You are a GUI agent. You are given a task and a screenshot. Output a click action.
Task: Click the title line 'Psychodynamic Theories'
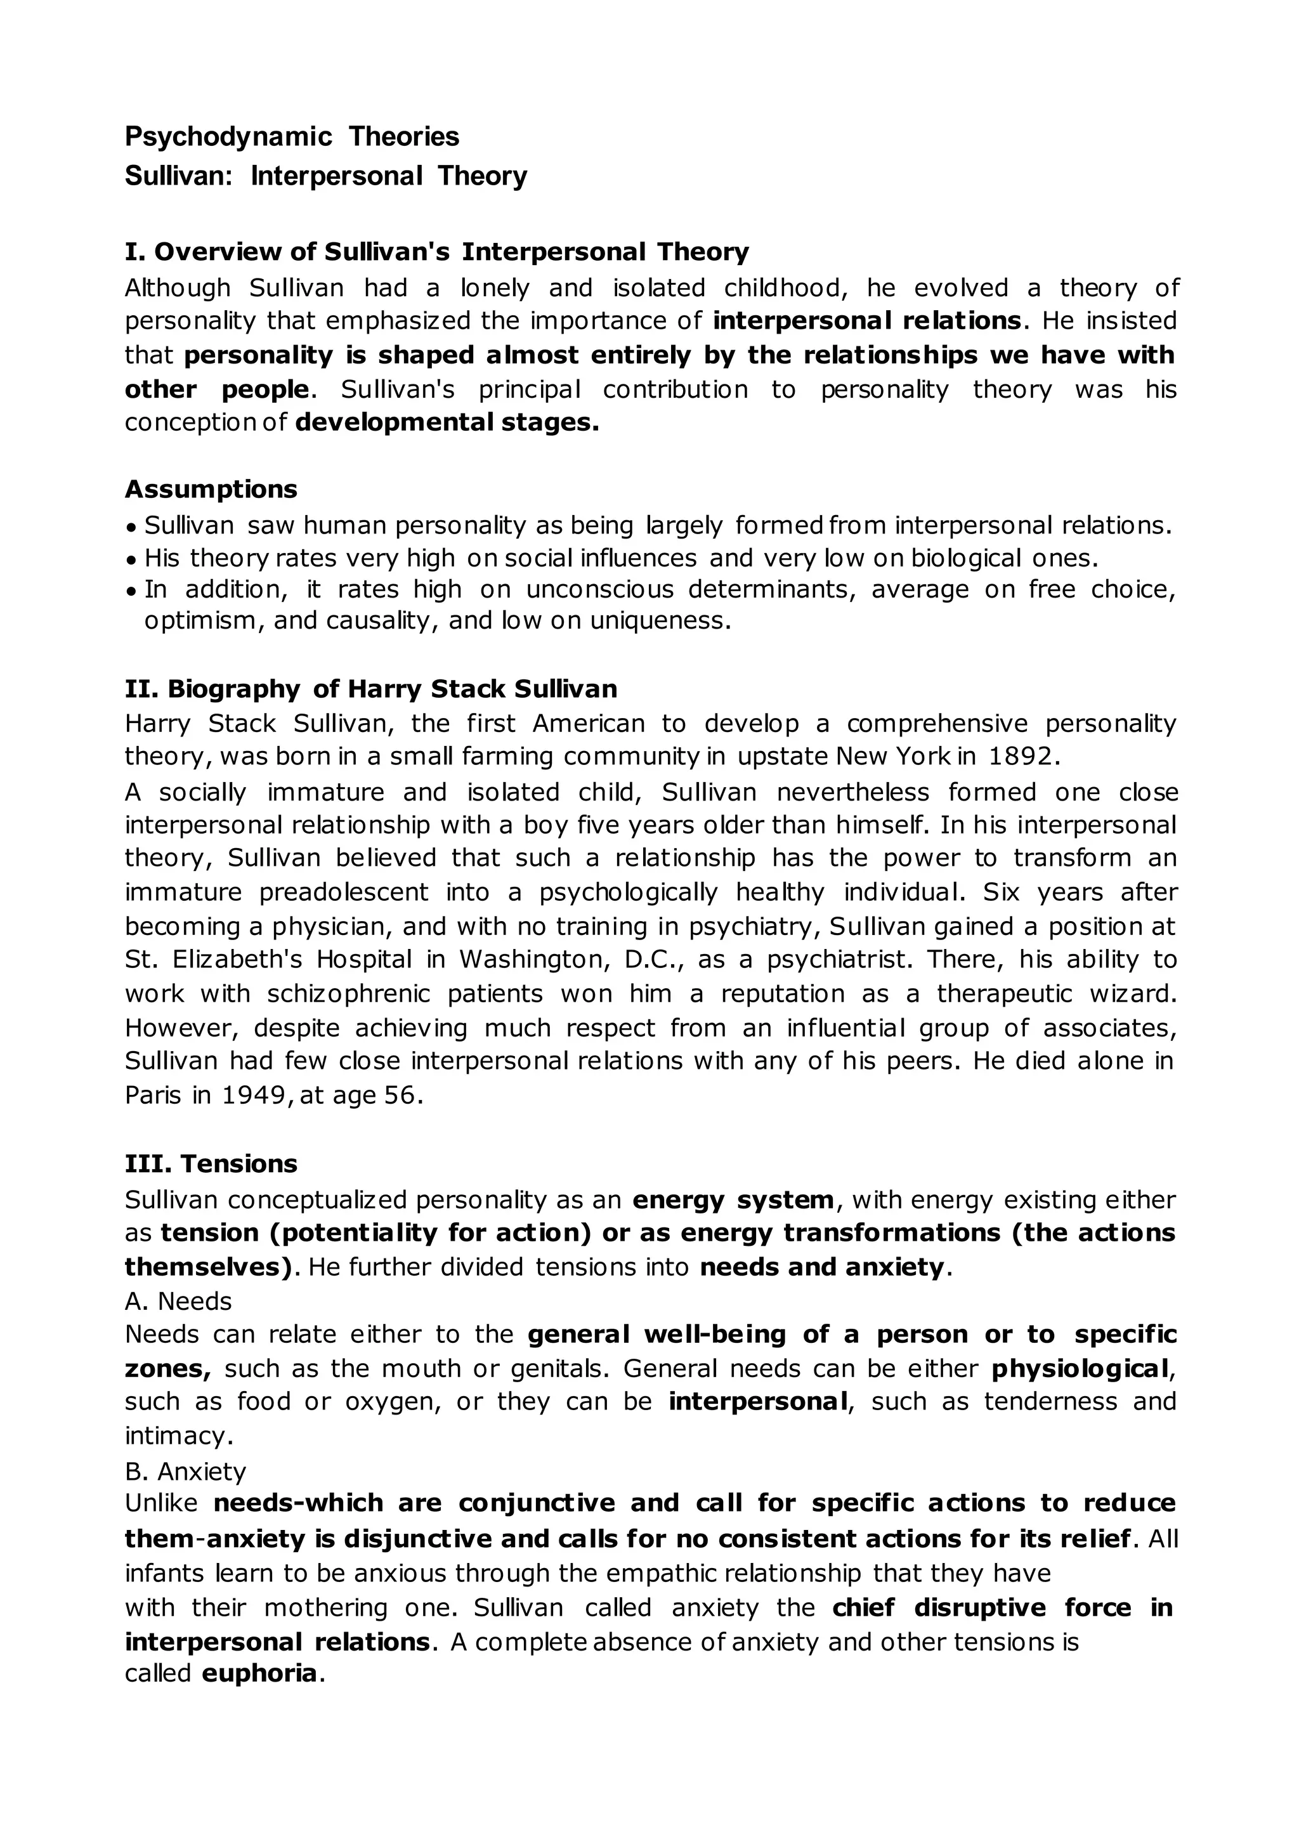[292, 137]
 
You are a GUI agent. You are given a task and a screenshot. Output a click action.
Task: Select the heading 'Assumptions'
[211, 489]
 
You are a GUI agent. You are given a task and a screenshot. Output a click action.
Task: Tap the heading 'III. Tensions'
[211, 1163]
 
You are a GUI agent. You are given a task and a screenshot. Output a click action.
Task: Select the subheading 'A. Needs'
[178, 1302]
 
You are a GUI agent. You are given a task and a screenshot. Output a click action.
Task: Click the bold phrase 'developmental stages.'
[447, 422]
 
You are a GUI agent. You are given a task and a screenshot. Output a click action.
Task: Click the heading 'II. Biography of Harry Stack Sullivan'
[371, 689]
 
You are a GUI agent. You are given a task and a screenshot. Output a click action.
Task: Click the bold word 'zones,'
[167, 1369]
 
